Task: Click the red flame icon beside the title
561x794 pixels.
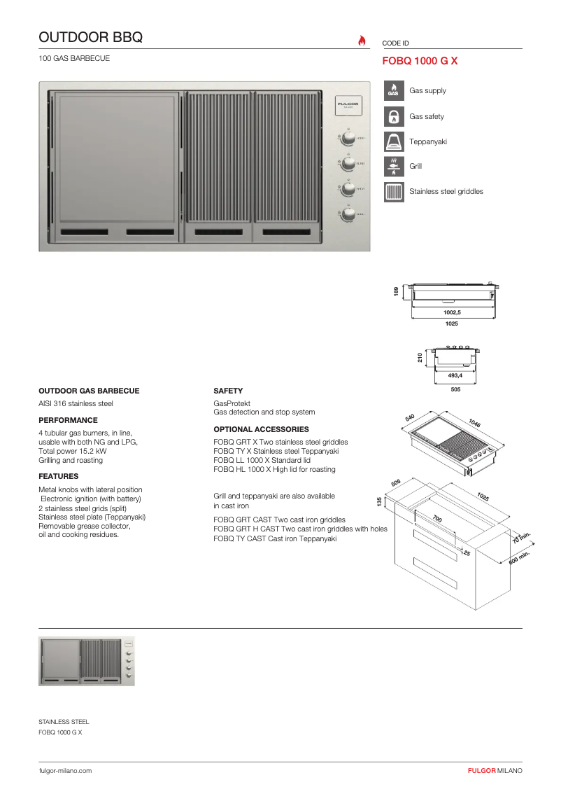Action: click(362, 40)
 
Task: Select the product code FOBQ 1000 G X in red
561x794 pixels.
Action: click(420, 61)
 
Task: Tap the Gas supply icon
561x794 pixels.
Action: click(394, 90)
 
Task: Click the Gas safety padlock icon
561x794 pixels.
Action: click(394, 116)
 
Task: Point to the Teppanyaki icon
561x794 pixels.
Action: click(394, 141)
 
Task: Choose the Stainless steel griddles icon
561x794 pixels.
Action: click(394, 191)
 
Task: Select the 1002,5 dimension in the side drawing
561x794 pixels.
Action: click(452, 312)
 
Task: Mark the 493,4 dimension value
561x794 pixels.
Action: click(455, 375)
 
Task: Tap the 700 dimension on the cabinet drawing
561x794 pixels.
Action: click(437, 519)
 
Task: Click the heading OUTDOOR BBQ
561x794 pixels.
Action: click(91, 37)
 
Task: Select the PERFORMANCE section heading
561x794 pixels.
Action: click(68, 420)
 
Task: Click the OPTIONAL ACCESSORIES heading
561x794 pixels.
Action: click(261, 429)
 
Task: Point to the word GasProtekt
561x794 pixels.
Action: click(230, 403)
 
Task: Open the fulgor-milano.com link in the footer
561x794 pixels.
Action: click(65, 770)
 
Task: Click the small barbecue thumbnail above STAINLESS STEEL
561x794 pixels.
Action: click(87, 662)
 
